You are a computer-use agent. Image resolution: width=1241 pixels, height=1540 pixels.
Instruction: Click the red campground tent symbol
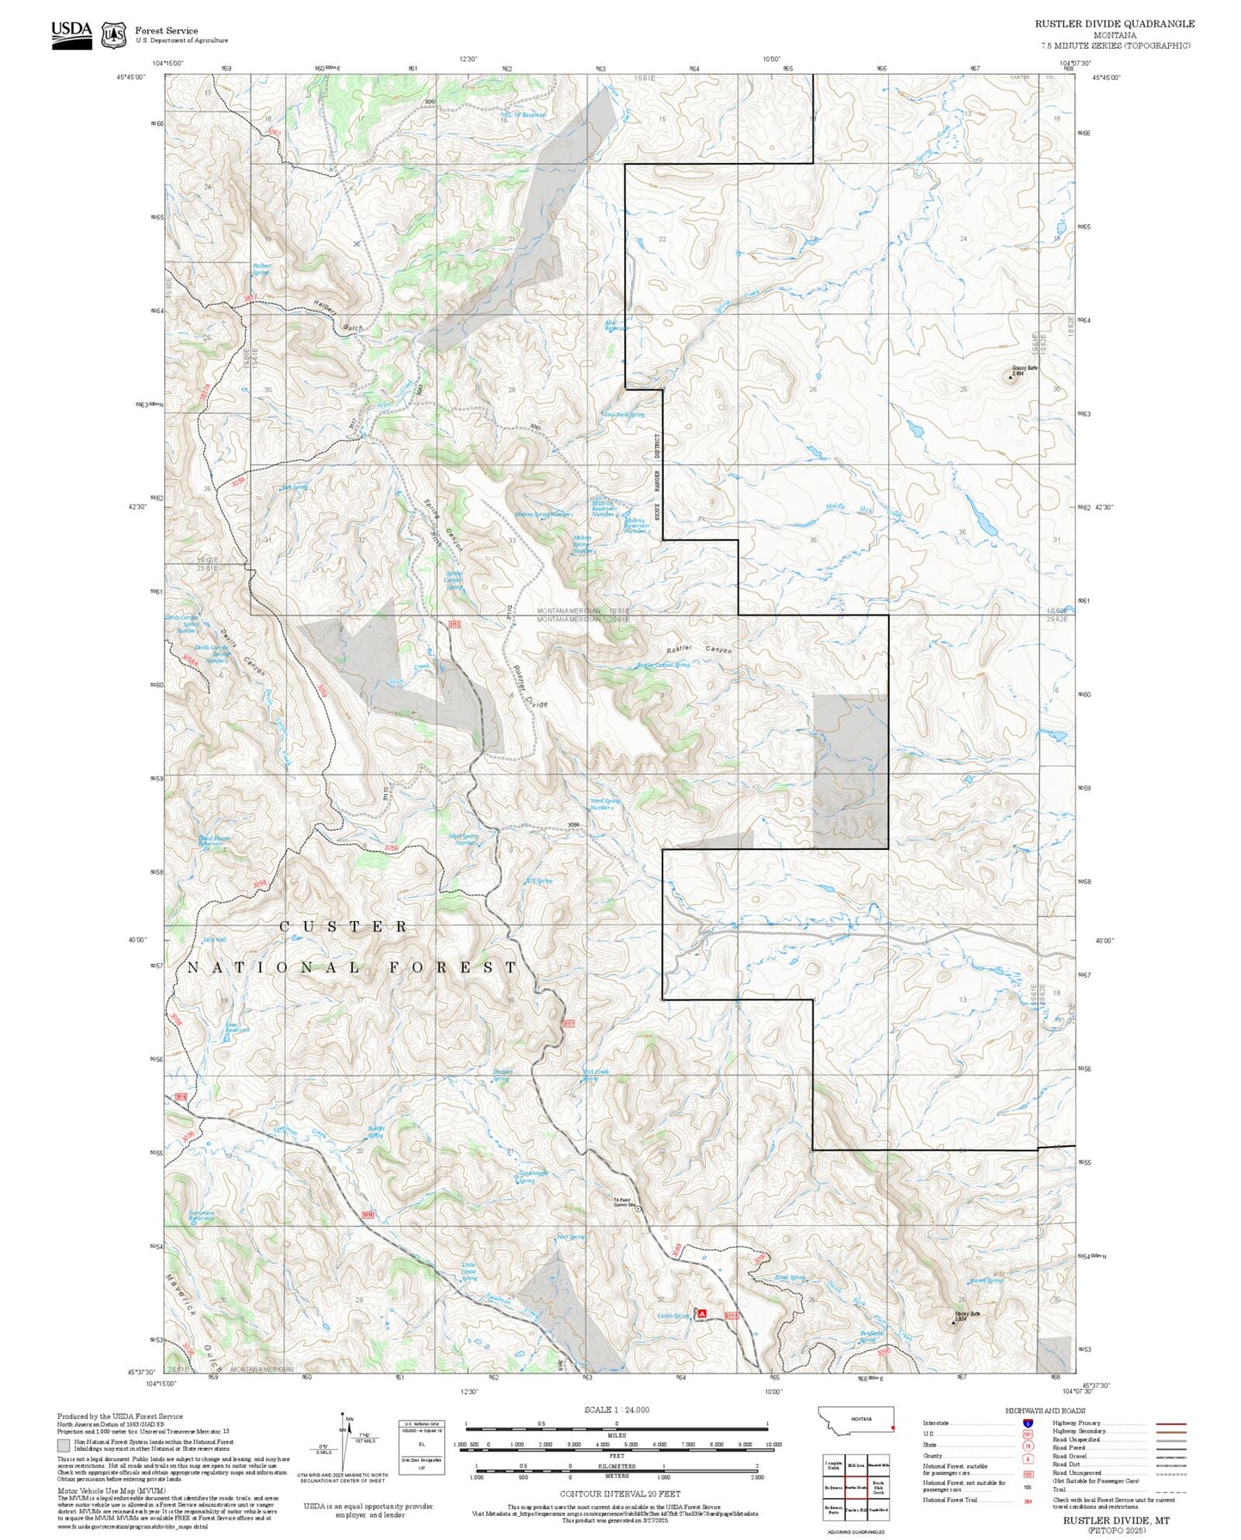tap(702, 1313)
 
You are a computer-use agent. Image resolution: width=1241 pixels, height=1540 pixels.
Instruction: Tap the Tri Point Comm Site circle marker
tap(638, 1209)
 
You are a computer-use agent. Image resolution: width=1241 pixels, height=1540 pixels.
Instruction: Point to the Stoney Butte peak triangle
tap(952, 1322)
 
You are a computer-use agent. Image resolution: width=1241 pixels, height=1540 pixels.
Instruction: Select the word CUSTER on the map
tap(344, 927)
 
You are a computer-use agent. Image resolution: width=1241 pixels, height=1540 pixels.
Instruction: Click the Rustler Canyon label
tap(701, 650)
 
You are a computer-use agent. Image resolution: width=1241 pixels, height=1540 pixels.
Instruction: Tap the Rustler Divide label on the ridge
tap(529, 687)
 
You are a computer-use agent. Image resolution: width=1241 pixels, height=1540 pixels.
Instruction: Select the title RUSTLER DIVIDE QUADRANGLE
tap(1114, 24)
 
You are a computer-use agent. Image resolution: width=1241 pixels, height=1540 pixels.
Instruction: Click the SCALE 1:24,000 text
tap(616, 1410)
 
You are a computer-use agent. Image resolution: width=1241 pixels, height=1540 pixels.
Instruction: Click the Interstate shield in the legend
tap(1027, 1423)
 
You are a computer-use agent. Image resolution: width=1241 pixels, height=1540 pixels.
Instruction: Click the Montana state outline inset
tap(856, 1420)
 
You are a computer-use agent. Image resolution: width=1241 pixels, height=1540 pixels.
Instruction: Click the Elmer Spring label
tap(789, 1277)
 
